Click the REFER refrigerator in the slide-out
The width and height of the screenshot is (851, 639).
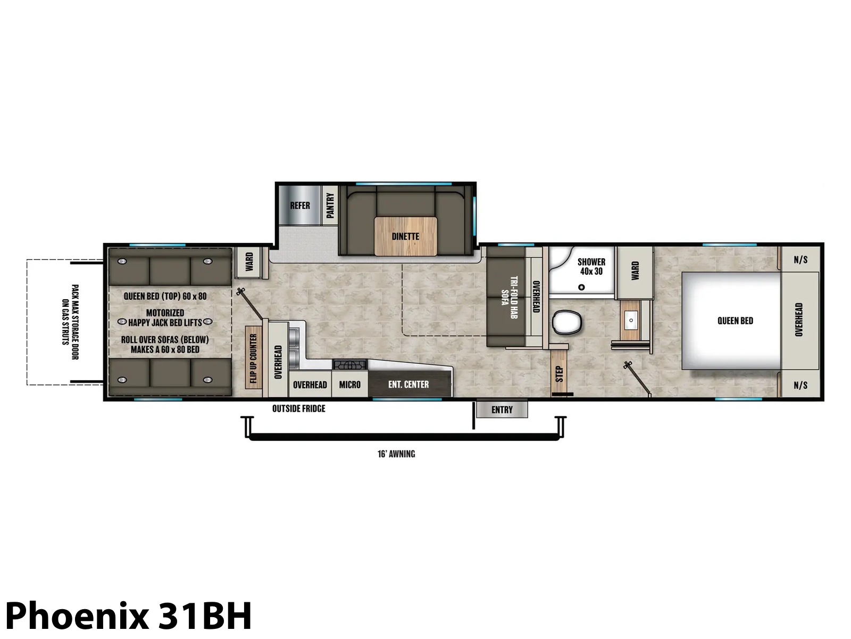pos(299,205)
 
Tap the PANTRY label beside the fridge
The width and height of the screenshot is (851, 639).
pos(330,205)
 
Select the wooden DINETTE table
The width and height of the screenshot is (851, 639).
pos(405,236)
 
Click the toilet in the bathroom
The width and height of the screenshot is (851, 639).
pos(567,322)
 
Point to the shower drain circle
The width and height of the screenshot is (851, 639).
pos(581,287)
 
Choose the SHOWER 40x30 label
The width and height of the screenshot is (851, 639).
pos(591,267)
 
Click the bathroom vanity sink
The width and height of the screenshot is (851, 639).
pos(631,320)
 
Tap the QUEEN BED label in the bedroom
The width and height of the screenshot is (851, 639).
pos(735,321)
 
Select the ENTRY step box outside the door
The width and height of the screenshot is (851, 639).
pos(502,409)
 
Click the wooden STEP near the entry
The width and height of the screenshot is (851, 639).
pos(558,374)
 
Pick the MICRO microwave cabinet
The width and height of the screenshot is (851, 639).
pos(349,384)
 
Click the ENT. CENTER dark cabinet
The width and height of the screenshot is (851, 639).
pos(410,383)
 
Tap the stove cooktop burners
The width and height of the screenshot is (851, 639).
pos(349,365)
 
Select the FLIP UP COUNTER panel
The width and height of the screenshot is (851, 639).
pos(254,358)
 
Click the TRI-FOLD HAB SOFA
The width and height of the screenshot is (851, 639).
pos(506,297)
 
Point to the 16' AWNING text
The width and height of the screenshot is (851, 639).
pos(396,454)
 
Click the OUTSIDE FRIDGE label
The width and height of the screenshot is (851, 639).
pos(298,408)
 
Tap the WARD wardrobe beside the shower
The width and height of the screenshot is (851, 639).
pos(635,273)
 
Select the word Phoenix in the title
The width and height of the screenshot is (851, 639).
pos(77,616)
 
